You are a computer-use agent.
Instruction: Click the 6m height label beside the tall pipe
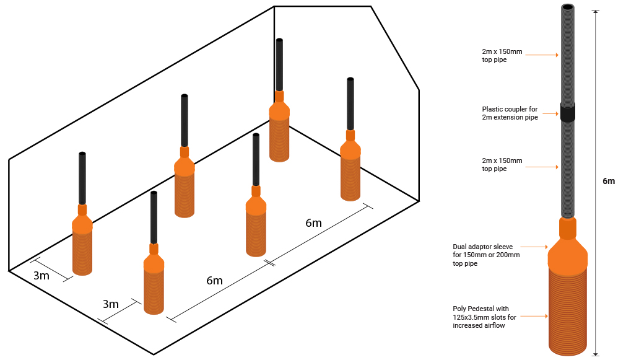(609, 181)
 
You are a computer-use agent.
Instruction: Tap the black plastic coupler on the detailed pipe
(568, 112)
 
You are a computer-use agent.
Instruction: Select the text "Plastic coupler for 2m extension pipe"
(510, 113)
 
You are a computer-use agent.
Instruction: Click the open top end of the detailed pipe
(568, 8)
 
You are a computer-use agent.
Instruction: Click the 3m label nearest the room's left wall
(41, 276)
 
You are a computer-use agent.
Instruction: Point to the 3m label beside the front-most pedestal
(110, 304)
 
